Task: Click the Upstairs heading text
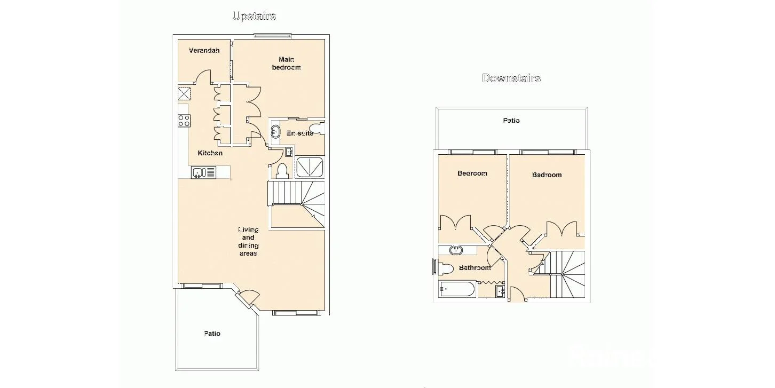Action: (254, 16)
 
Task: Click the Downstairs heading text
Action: (511, 78)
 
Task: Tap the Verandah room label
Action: (204, 51)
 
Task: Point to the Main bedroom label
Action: (286, 63)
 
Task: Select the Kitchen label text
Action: (210, 153)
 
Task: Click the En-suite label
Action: (299, 133)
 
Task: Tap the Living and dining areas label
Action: (248, 241)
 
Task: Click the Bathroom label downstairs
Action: (475, 267)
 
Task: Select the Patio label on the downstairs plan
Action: (511, 121)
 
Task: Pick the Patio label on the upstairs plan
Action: (212, 334)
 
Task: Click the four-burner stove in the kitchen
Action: (184, 121)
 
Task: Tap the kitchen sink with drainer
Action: (203, 172)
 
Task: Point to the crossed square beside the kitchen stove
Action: (184, 94)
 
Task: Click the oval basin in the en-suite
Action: (276, 131)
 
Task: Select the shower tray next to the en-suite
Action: (310, 167)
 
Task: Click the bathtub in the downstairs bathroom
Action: (457, 289)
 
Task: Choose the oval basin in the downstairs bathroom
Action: (456, 250)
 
